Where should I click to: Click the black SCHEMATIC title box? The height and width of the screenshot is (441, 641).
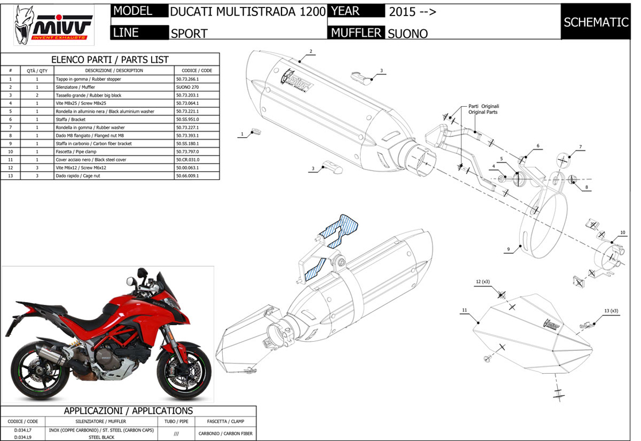pyautogui.click(x=596, y=22)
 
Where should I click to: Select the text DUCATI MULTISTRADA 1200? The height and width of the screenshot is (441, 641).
pyautogui.click(x=248, y=12)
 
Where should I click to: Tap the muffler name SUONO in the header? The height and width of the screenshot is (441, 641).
pyautogui.click(x=408, y=33)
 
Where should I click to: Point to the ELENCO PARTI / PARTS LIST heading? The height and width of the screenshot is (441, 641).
pyautogui.click(x=110, y=59)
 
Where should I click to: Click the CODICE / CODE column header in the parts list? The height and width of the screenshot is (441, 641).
pyautogui.click(x=196, y=70)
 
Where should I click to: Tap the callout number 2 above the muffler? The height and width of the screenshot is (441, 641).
pyautogui.click(x=311, y=52)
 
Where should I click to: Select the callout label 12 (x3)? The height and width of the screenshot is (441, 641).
pyautogui.click(x=482, y=282)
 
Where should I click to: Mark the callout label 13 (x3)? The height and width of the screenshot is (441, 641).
pyautogui.click(x=611, y=311)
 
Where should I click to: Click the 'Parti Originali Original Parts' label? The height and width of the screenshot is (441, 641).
pyautogui.click(x=484, y=109)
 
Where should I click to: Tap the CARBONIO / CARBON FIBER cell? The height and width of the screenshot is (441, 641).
pyautogui.click(x=226, y=434)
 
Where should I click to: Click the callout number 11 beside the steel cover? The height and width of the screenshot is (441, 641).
pyautogui.click(x=464, y=310)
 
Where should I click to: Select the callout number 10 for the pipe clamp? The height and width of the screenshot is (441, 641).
pyautogui.click(x=622, y=233)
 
